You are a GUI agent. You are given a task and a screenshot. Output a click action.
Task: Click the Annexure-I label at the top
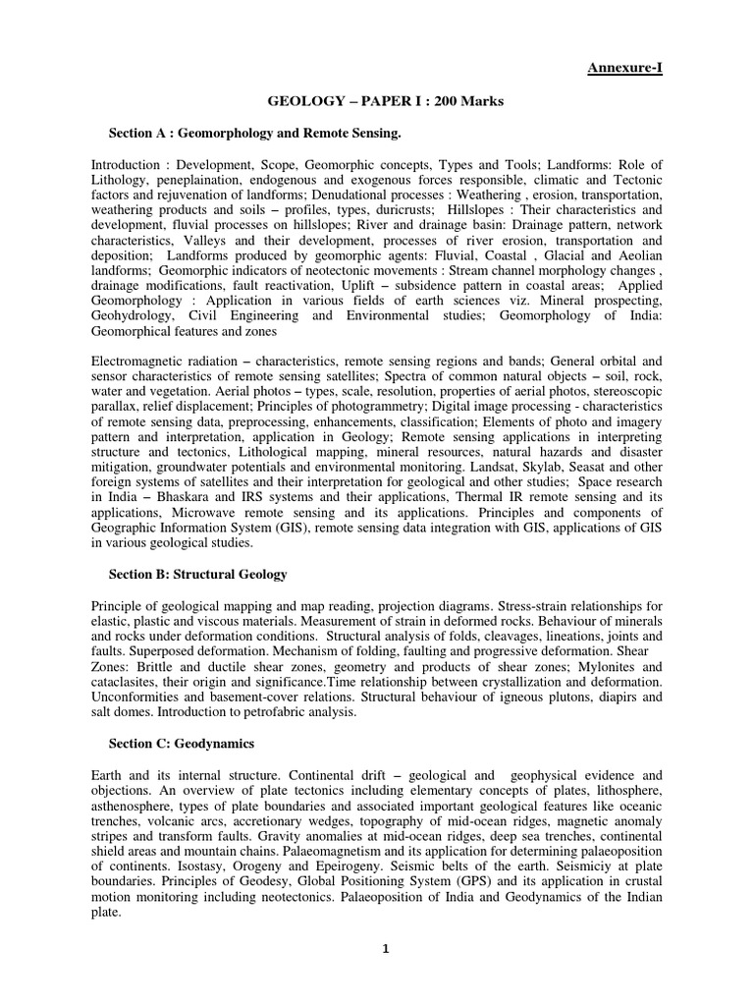tap(625, 67)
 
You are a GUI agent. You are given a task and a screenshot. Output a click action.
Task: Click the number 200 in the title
tap(435, 101)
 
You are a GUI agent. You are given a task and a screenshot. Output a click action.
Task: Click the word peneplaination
tap(202, 179)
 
